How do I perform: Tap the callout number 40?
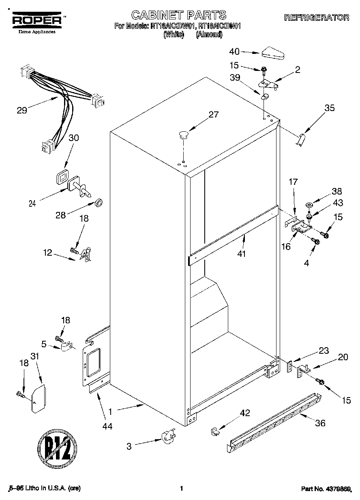pos(234,51)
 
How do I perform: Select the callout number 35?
pos(330,108)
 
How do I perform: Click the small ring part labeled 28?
pos(99,202)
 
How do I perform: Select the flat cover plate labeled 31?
pos(39,399)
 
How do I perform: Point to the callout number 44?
pos(107,426)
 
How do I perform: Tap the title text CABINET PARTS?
pos(179,15)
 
